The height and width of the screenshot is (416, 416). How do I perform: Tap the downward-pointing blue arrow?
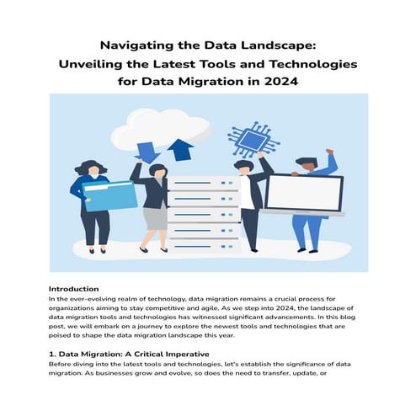(x=147, y=152)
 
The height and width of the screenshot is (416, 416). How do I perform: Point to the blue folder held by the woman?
(x=110, y=195)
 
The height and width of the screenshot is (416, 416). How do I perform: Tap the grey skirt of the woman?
(x=154, y=216)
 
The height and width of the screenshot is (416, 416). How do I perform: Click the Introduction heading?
(x=73, y=289)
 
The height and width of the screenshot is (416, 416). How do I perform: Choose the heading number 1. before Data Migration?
(x=53, y=354)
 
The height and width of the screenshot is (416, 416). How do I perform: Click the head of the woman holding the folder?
(x=91, y=167)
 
